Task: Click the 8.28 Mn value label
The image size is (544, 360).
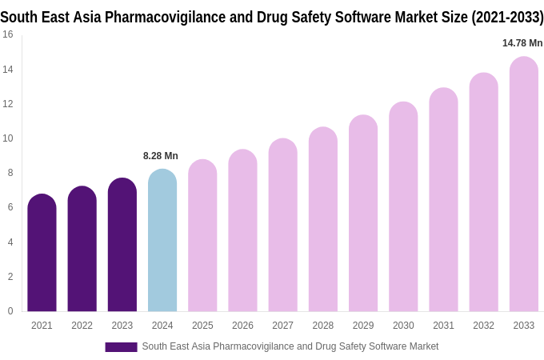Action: click(161, 156)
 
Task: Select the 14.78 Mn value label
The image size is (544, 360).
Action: click(522, 43)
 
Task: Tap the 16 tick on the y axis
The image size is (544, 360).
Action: click(7, 34)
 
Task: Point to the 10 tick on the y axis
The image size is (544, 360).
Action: click(7, 138)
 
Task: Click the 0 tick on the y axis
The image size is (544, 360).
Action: click(10, 311)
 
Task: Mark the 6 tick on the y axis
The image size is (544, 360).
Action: click(10, 207)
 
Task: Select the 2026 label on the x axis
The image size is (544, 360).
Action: click(242, 326)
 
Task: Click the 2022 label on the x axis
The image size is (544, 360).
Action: click(82, 326)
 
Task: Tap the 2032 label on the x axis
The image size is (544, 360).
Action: click(483, 326)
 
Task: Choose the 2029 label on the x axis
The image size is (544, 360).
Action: click(363, 326)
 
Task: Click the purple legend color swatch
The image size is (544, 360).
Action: click(121, 347)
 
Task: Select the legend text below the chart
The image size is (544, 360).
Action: click(290, 346)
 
